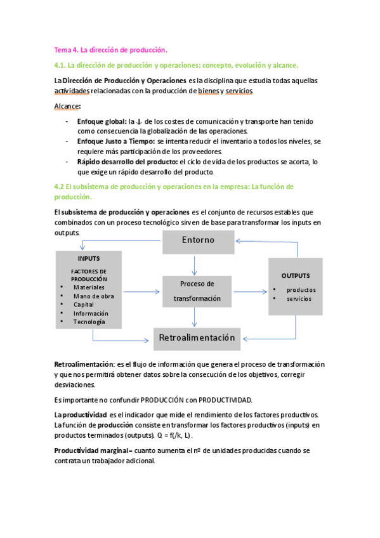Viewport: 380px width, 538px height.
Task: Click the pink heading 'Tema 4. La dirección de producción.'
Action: coord(110,49)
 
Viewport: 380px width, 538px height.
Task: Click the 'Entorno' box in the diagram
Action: coord(198,240)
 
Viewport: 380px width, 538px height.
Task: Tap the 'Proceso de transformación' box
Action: coord(197,291)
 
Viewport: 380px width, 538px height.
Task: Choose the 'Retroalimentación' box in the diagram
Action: coord(196,338)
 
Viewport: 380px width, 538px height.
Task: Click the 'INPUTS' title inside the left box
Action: coord(88,259)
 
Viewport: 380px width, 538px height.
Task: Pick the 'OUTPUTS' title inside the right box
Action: coord(296,275)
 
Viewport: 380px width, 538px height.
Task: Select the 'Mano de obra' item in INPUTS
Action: coord(94,296)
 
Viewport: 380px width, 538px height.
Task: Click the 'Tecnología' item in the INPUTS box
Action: coord(89,322)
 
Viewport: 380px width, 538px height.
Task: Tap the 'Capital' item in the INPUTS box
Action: coord(84,305)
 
